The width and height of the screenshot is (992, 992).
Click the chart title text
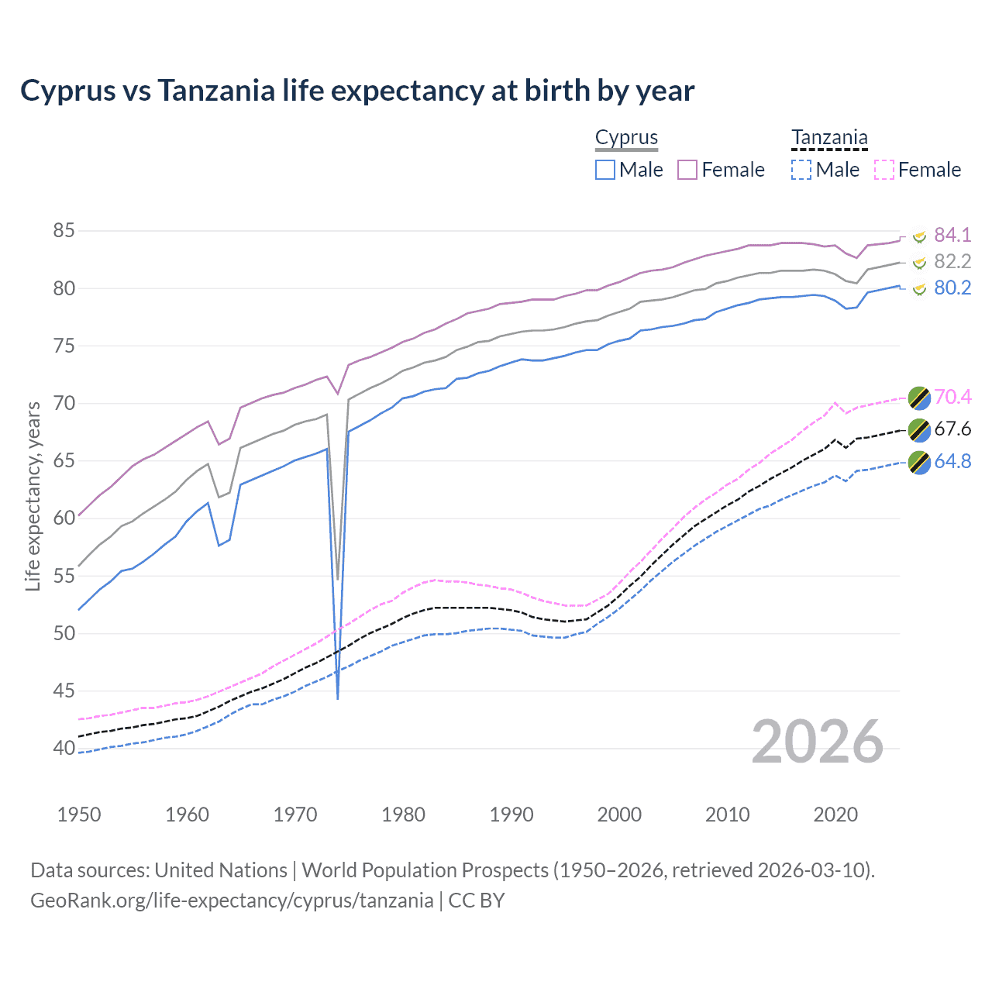pyautogui.click(x=357, y=91)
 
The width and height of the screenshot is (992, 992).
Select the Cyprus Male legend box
pyautogui.click(x=605, y=170)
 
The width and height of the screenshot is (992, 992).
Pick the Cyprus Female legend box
pyautogui.click(x=687, y=170)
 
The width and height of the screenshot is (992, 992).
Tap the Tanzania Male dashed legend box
pyautogui.click(x=801, y=170)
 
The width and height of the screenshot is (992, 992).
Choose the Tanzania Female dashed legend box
pyautogui.click(x=884, y=170)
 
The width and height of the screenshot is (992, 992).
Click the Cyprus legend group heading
pyautogui.click(x=626, y=138)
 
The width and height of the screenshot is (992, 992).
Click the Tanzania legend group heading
pyautogui.click(x=829, y=138)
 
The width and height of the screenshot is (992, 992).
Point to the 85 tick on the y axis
pyautogui.click(x=64, y=230)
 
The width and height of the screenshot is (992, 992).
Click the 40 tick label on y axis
pyautogui.click(x=64, y=748)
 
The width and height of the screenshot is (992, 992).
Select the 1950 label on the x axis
pyautogui.click(x=79, y=815)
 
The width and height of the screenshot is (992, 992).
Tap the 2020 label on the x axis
pyautogui.click(x=835, y=815)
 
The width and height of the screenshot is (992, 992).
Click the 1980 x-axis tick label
pyautogui.click(x=403, y=815)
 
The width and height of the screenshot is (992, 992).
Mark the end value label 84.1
pyautogui.click(x=952, y=235)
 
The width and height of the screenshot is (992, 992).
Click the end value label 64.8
pyautogui.click(x=952, y=462)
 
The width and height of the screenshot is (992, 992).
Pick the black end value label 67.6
pyautogui.click(x=952, y=429)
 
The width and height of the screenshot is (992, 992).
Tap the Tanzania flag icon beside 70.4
pyautogui.click(x=919, y=398)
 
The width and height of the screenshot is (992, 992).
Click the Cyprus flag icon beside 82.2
pyautogui.click(x=919, y=263)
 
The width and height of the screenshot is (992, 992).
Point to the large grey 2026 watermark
pyautogui.click(x=817, y=742)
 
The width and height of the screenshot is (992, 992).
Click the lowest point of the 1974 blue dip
pyautogui.click(x=338, y=698)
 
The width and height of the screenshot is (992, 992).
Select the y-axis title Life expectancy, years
pyautogui.click(x=33, y=496)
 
